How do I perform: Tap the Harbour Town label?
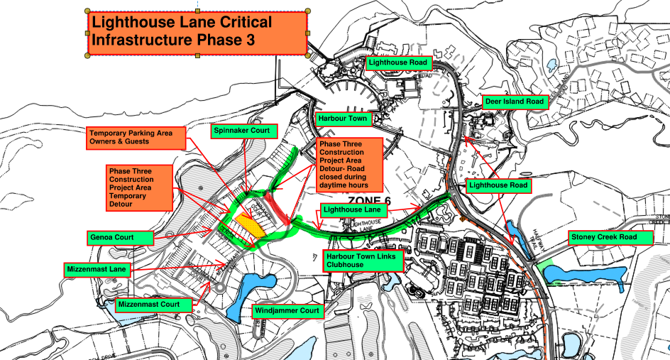344,118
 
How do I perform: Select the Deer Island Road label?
515,102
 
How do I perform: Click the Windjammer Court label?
287,311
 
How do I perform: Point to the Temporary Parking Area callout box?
136,138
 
